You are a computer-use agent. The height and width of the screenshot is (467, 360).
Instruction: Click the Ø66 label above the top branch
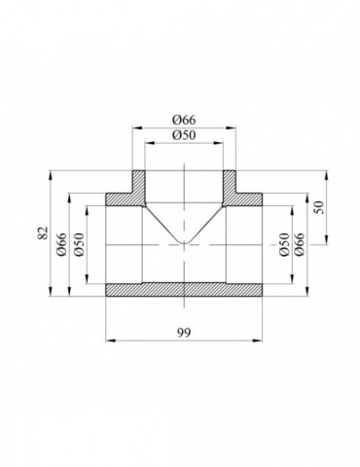tap(184, 120)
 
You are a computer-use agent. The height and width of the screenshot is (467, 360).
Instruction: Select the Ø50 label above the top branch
tap(184, 135)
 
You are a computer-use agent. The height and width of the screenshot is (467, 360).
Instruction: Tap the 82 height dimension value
tap(43, 233)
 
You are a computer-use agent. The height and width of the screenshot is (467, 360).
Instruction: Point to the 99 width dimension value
tap(184, 332)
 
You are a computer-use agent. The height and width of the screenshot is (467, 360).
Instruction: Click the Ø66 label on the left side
tap(61, 244)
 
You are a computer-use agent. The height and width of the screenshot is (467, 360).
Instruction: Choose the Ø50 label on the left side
tap(79, 244)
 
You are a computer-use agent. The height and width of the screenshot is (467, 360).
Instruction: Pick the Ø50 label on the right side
tap(284, 244)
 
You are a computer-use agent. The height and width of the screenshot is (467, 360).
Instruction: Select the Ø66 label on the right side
tap(299, 244)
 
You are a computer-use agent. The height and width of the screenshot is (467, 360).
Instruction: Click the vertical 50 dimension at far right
tap(319, 207)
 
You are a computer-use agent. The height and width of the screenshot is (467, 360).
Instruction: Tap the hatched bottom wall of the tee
tap(184, 290)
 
